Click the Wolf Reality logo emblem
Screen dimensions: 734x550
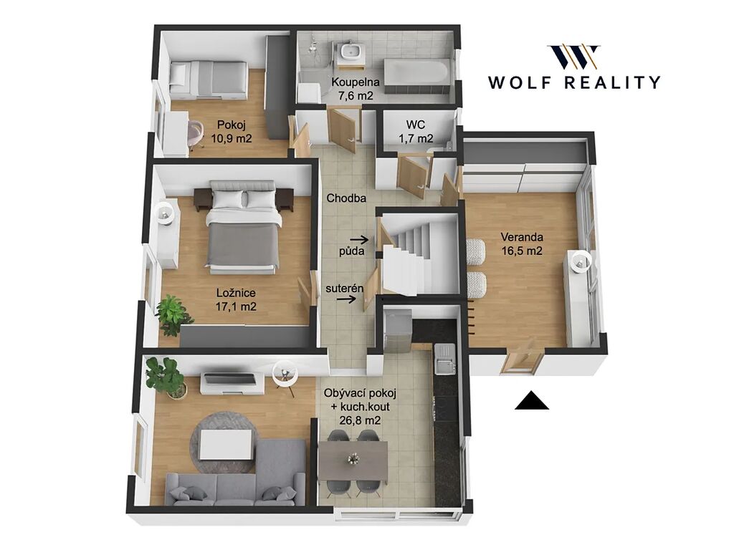[x=573, y=57]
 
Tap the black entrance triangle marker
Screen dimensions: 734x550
[x=532, y=401]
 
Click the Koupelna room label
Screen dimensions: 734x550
[x=356, y=82]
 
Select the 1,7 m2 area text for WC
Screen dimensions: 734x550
[x=416, y=138]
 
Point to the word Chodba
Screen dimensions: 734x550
[x=346, y=198]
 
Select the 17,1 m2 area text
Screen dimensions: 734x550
[x=236, y=307]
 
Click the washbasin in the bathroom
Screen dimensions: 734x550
[x=349, y=51]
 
